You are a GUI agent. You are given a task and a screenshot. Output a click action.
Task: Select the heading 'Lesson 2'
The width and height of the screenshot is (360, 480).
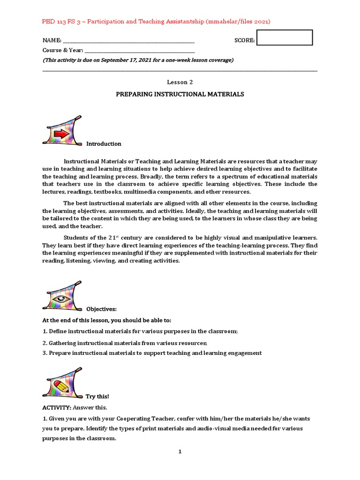point(180,82)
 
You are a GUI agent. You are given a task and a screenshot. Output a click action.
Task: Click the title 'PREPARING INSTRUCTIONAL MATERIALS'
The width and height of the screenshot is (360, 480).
point(180,94)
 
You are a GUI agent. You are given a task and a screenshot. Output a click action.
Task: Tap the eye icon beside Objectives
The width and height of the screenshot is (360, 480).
point(62,298)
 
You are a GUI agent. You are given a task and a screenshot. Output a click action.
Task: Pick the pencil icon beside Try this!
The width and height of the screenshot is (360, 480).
point(62,385)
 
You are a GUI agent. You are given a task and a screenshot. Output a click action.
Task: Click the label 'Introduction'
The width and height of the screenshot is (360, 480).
point(104,144)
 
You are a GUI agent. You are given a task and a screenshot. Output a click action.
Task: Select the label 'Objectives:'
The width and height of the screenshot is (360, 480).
point(101,309)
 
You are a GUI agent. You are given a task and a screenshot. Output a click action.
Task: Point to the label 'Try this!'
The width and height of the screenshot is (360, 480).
point(97,397)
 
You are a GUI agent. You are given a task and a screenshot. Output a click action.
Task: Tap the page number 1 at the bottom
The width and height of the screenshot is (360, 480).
point(180,452)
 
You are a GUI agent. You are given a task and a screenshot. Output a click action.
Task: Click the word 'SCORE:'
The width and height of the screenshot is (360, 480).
point(244,41)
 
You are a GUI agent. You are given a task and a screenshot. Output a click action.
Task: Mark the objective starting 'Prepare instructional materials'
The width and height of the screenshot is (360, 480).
point(155,353)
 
